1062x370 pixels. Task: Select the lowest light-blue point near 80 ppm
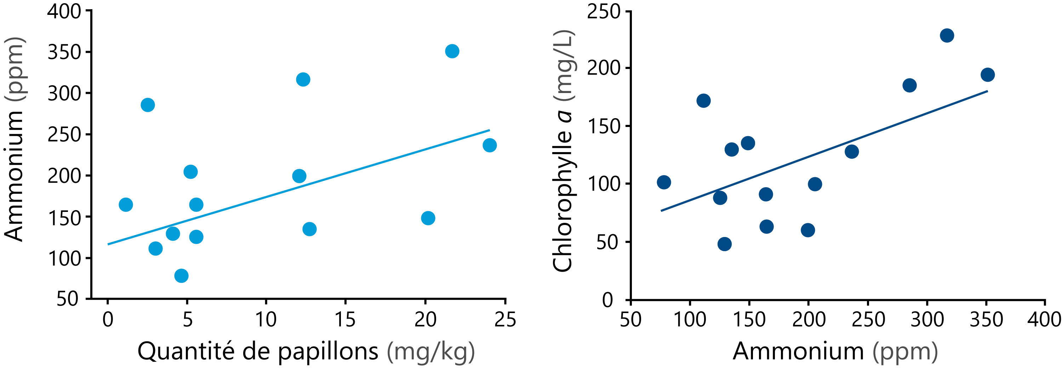pyautogui.click(x=181, y=276)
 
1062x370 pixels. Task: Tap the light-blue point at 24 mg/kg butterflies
pyautogui.click(x=489, y=145)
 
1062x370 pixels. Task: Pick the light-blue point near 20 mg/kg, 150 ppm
pyautogui.click(x=428, y=218)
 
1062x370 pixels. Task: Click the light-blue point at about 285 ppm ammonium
pyautogui.click(x=148, y=105)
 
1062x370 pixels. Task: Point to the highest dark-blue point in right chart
pyautogui.click(x=947, y=35)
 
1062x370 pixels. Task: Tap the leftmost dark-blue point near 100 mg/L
pyautogui.click(x=664, y=182)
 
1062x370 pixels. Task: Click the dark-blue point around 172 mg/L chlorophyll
pyautogui.click(x=703, y=100)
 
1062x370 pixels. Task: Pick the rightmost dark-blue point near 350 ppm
pyautogui.click(x=987, y=75)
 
